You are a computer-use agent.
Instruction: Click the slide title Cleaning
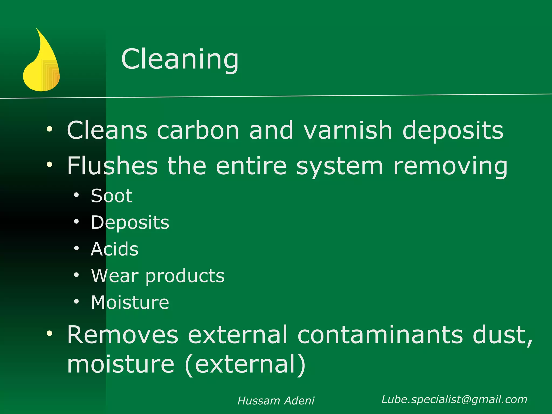180,59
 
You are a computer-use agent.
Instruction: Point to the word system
339,167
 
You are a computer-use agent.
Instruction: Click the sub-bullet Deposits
130,223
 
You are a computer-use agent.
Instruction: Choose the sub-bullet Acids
115,249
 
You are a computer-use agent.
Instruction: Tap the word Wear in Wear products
115,276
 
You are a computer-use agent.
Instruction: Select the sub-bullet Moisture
130,302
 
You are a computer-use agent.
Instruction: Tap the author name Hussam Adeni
276,401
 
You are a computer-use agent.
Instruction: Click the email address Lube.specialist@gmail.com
454,399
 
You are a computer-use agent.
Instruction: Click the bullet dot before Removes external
49,333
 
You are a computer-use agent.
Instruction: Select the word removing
450,167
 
